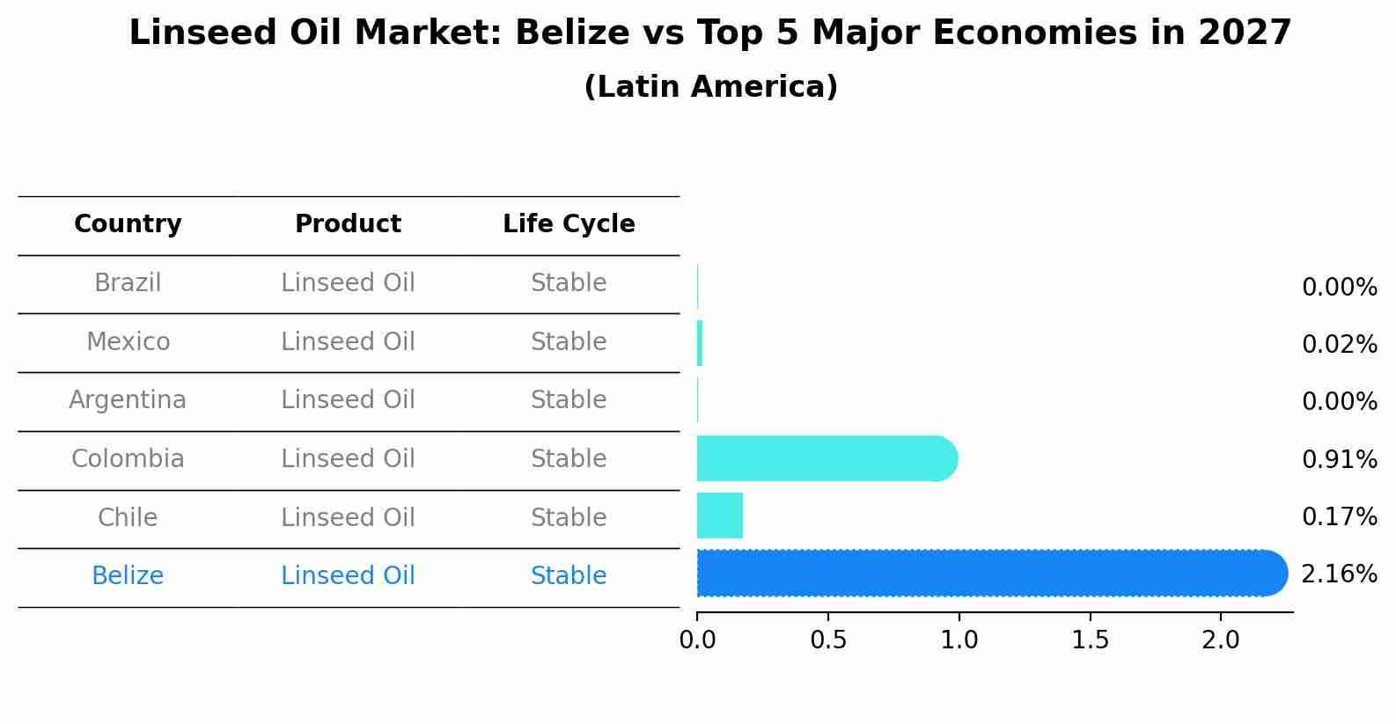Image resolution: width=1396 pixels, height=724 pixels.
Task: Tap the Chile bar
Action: point(719,516)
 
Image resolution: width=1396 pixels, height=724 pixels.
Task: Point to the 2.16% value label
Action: point(1339,574)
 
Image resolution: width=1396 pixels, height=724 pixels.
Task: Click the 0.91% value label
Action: point(1339,459)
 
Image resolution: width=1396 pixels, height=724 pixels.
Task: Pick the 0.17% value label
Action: point(1339,516)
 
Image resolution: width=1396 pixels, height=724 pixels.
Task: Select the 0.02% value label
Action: point(1339,344)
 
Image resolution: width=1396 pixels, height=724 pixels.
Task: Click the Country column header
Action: point(128,224)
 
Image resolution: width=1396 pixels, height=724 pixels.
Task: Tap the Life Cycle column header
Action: point(569,224)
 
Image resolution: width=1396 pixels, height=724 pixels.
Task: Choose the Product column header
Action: point(348,224)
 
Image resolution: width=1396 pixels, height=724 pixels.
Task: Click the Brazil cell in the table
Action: point(128,283)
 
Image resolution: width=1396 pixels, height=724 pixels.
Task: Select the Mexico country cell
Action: point(128,341)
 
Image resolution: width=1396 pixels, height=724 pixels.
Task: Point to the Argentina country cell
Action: point(128,400)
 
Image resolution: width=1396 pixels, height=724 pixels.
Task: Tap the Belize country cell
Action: point(128,576)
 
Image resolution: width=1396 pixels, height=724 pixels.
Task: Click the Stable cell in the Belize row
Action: point(569,576)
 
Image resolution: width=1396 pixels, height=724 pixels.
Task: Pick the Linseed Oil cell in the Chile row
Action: point(348,517)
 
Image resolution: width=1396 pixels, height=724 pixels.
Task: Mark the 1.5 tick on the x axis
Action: point(1090,640)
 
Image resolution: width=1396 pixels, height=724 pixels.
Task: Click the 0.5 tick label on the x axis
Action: point(828,640)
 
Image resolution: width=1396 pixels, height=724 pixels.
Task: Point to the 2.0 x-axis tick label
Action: point(1221,640)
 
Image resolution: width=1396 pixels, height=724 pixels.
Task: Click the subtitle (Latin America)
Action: point(710,87)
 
